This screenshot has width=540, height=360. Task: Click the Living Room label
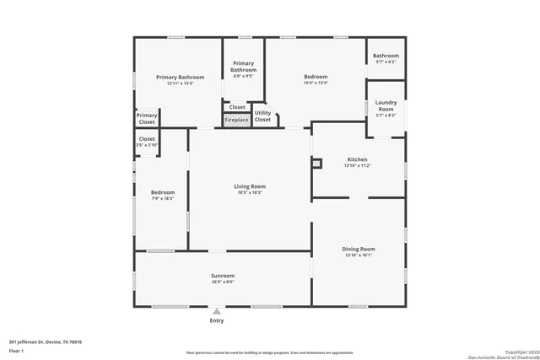[x=249, y=186]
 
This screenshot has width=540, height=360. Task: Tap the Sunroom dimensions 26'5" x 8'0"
[x=223, y=282]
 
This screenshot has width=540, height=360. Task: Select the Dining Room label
[x=358, y=249]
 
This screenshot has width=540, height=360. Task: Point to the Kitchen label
[x=358, y=159]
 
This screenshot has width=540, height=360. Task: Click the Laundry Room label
[x=386, y=106]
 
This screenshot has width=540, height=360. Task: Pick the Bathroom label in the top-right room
[x=386, y=56]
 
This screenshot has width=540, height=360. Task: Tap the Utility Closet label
[x=262, y=116]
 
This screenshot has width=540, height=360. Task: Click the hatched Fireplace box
[x=236, y=121]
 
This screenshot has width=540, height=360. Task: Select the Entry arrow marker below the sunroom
[x=217, y=311]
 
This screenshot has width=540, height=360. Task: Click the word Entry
[x=217, y=320]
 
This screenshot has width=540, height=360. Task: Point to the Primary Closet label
[x=147, y=119]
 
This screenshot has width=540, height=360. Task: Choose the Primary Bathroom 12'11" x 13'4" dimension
[x=180, y=83]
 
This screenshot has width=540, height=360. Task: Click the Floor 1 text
[x=17, y=350]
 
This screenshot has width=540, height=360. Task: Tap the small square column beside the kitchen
[x=316, y=164]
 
